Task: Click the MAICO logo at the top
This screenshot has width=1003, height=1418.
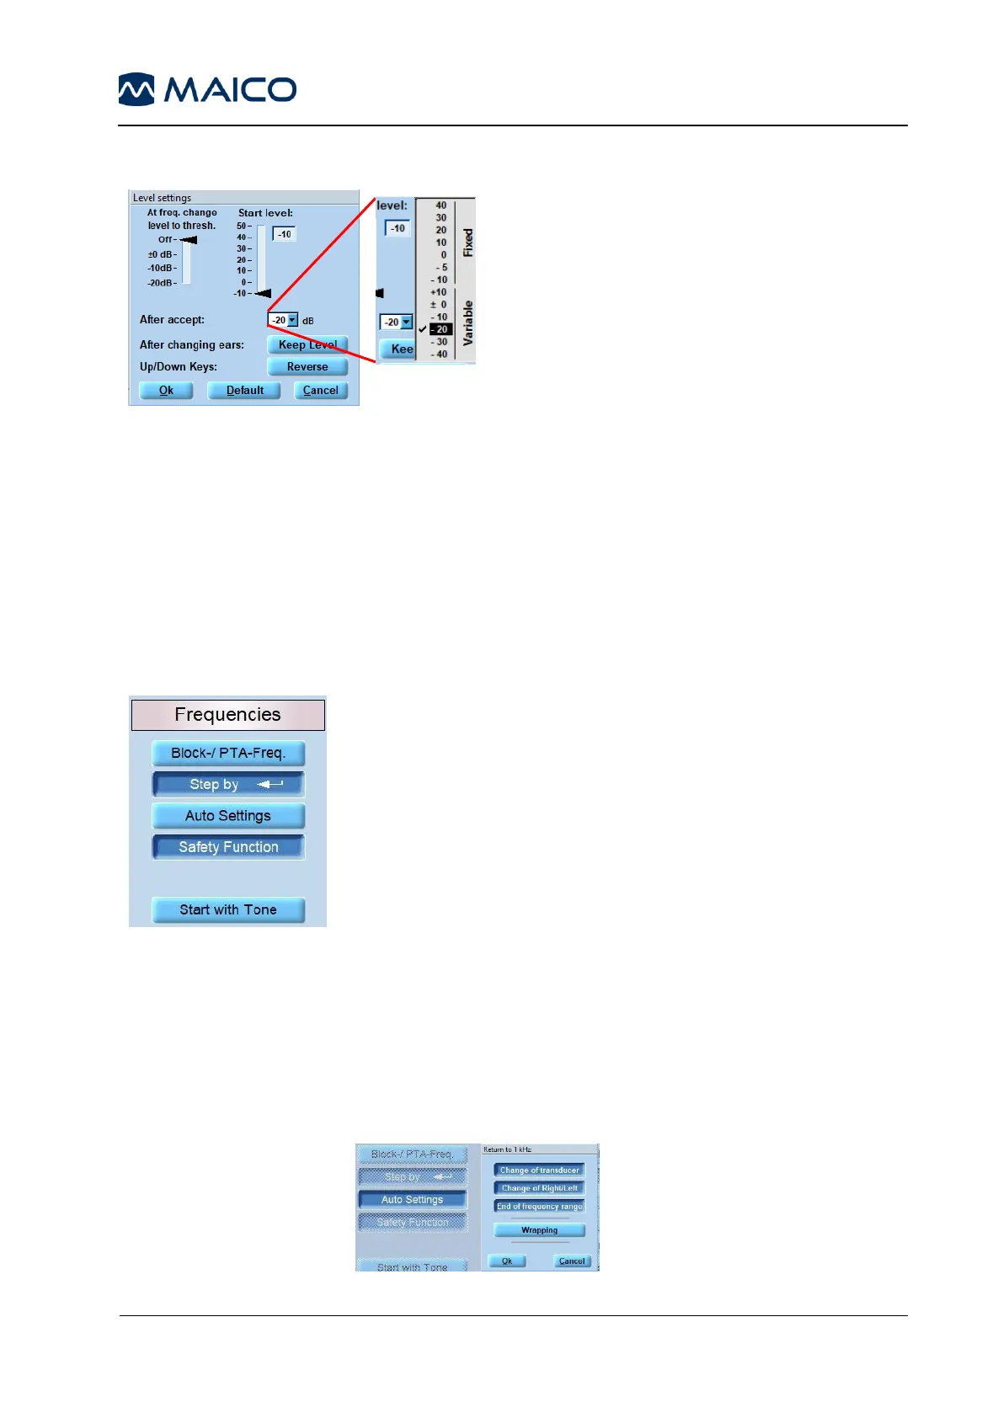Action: point(207,89)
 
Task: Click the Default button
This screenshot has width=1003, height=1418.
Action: point(244,391)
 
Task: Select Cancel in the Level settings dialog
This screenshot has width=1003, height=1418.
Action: point(320,391)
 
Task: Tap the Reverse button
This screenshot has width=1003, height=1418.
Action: point(307,367)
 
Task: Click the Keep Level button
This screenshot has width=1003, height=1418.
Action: point(307,345)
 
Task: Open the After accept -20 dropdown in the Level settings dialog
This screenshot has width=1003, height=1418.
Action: point(292,320)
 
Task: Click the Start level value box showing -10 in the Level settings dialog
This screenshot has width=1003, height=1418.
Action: point(285,235)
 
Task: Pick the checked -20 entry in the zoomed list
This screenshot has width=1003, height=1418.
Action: point(440,329)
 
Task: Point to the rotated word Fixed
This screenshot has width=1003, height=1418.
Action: point(468,243)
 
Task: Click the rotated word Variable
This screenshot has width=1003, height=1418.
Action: point(468,323)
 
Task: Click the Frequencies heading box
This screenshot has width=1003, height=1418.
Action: point(227,715)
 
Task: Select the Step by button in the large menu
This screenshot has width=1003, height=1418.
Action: point(228,785)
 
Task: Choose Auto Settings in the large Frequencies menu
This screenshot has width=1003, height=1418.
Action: point(228,816)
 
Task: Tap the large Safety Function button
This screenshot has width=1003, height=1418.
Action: point(228,847)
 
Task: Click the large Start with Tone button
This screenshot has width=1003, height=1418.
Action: point(228,910)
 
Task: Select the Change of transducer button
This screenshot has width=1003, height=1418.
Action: point(539,1170)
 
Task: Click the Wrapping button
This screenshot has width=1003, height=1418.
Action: point(539,1230)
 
